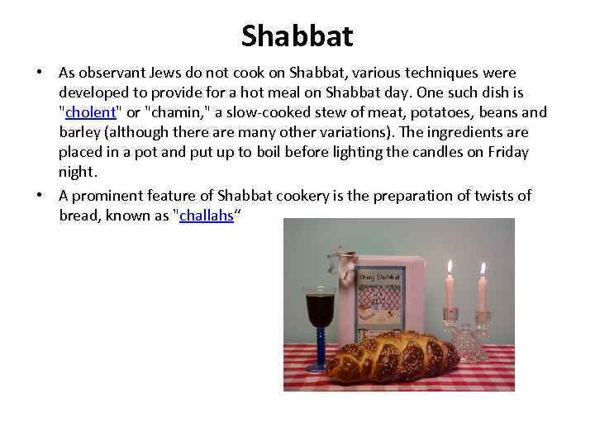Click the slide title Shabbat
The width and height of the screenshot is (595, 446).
[x=297, y=35]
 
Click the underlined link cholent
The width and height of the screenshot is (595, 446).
[x=89, y=112]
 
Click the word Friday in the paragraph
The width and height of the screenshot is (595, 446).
[x=507, y=152]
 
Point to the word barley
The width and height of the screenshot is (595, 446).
[x=80, y=132]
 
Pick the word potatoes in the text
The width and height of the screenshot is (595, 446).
[x=429, y=112]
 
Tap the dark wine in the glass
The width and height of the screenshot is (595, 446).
[x=319, y=310]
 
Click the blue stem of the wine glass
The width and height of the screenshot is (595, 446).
[x=319, y=351]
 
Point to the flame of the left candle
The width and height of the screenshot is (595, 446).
[x=450, y=268]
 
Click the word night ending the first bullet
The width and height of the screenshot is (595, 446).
[x=79, y=172]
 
